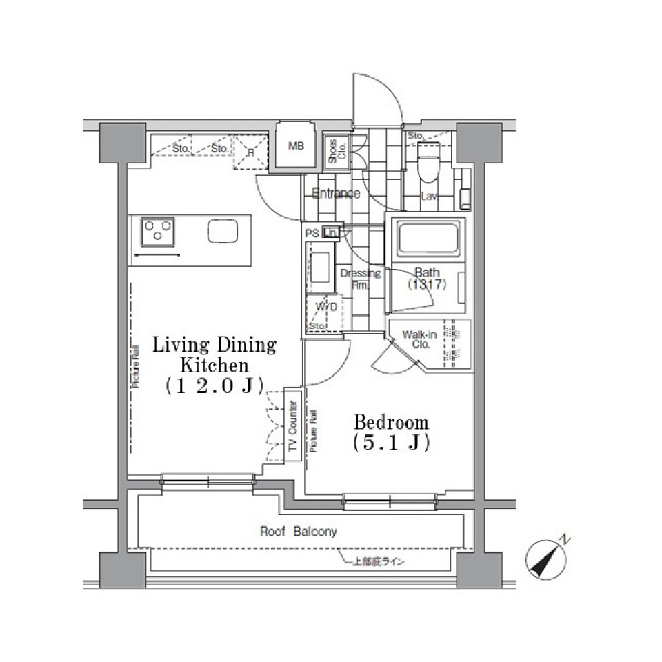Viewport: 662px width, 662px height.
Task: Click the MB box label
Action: (296, 146)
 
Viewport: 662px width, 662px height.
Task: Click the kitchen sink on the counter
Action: (223, 232)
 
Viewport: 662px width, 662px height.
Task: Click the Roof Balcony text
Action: (298, 532)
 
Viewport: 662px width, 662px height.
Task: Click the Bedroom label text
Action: (391, 421)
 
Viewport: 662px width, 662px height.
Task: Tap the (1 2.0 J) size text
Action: (214, 387)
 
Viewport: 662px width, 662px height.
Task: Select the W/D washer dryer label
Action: (326, 307)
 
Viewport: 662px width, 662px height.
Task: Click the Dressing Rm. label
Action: (361, 279)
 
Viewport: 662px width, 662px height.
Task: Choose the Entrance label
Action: (336, 193)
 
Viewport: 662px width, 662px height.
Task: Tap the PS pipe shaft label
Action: (312, 233)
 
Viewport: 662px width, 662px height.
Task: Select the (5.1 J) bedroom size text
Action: (391, 443)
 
